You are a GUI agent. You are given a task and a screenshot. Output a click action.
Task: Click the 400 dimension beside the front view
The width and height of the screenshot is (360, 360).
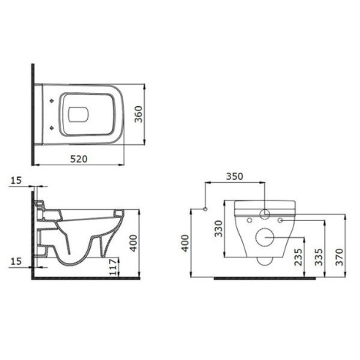[x=186, y=241]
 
